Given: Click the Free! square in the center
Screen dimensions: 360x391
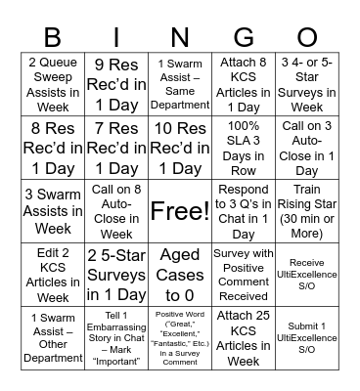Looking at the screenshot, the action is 179,210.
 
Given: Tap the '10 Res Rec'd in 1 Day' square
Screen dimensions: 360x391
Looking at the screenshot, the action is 179,147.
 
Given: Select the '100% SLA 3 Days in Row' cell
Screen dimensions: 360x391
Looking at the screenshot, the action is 243,147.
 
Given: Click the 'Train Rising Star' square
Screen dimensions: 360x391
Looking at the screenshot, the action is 306,210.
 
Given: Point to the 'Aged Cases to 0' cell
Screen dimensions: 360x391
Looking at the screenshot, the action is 179,274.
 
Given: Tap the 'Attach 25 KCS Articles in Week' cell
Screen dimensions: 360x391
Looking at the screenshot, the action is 243,337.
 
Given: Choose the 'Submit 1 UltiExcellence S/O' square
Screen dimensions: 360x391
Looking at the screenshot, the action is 306,337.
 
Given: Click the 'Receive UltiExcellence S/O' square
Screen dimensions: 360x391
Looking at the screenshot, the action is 306,274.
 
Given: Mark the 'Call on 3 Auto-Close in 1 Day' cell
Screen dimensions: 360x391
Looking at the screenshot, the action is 306,147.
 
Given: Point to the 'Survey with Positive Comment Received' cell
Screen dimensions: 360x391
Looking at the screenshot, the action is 243,274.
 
